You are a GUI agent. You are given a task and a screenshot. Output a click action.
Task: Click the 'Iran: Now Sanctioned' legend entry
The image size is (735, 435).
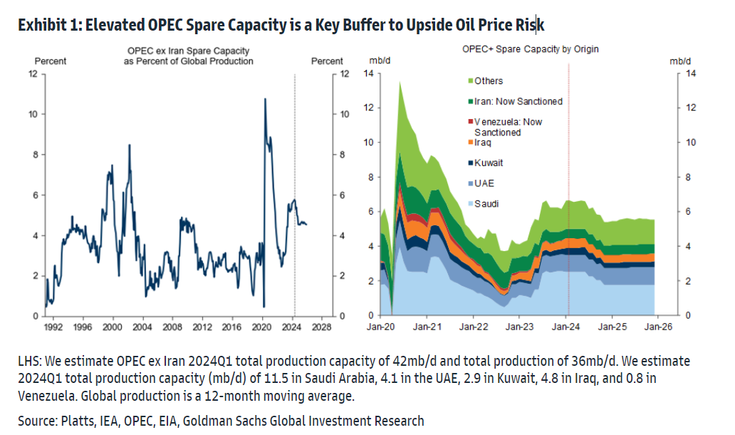pos(518,101)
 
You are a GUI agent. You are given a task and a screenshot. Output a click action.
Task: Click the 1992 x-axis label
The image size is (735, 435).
pos(52,328)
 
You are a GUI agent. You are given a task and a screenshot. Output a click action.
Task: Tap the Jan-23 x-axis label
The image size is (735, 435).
pos(518,328)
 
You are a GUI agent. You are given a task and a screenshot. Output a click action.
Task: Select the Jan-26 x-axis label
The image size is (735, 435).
pos(657,328)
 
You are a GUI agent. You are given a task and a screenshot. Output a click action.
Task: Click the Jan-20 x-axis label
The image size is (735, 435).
pos(380,328)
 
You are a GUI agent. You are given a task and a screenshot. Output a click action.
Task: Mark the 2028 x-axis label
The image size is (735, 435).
pos(323,328)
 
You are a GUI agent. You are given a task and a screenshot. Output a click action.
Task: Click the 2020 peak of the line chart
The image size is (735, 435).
pos(265,99)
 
